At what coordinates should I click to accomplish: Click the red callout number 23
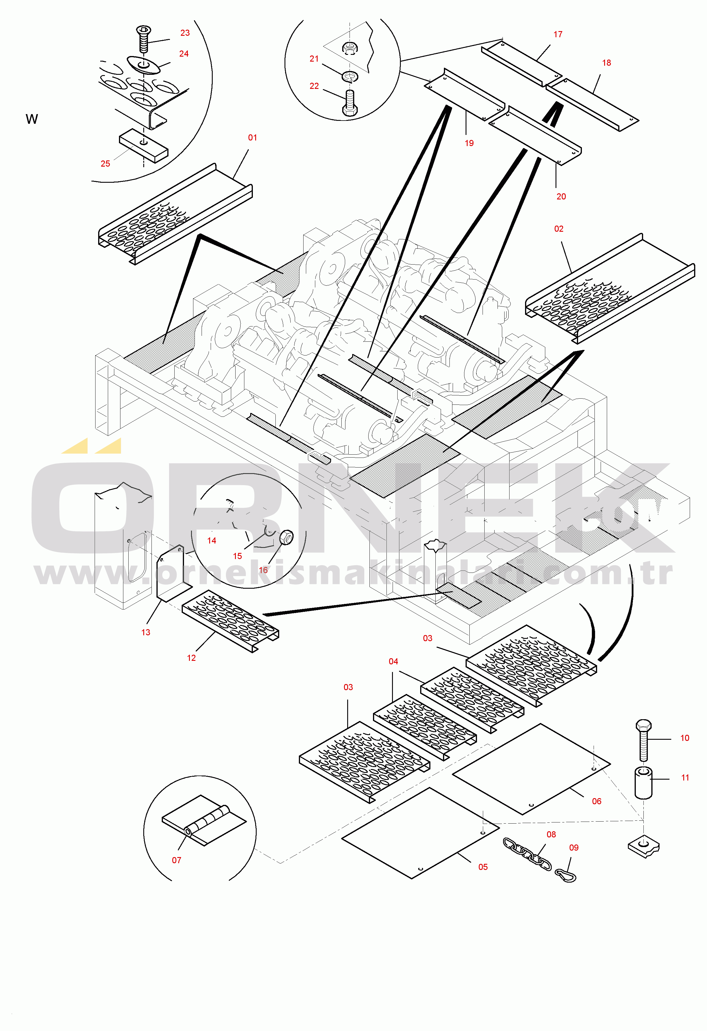pos(185,33)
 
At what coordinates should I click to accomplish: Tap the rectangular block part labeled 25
pos(144,146)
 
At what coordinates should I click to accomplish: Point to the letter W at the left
pos(32,119)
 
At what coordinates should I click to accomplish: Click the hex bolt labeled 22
pos(350,103)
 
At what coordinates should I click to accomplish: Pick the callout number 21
pos(314,59)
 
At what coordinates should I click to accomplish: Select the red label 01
pos(253,138)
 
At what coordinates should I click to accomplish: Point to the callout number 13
pos(146,632)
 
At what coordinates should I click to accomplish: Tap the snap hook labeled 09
pos(565,875)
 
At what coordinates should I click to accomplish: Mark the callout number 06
pos(597,801)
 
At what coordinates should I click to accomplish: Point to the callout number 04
pos(393,661)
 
